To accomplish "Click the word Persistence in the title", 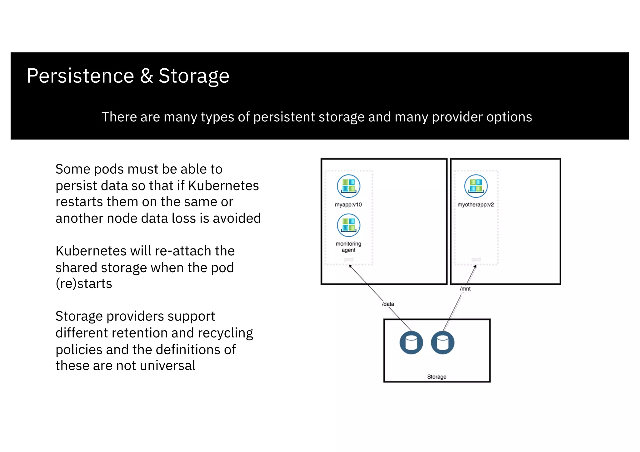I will pos(80,76).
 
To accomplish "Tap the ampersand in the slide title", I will pos(146,76).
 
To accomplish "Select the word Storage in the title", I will pos(194,76).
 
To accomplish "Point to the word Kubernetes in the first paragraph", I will pos(223,186).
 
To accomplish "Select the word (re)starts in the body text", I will pos(84,284).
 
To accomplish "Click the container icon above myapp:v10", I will pos(348,186).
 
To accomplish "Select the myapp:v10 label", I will pos(348,205).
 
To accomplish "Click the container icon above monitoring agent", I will pos(348,225).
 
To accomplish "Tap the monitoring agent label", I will pos(348,247).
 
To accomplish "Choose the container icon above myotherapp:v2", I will pos(476,186).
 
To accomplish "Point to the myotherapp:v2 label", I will pos(476,205).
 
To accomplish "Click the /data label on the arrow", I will pos(388,304).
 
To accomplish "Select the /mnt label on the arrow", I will pos(465,289).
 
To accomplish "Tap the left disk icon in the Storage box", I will pos(411,342).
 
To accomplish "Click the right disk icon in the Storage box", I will pos(442,342).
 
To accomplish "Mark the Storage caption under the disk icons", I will pos(437,377).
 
